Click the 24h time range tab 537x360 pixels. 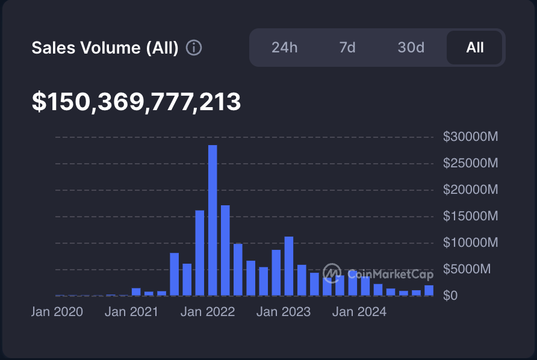pyautogui.click(x=285, y=48)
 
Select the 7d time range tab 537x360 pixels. pyautogui.click(x=347, y=48)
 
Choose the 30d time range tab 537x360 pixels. pyautogui.click(x=411, y=48)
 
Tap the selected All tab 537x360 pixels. pyautogui.click(x=474, y=48)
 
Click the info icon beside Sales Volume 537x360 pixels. pyautogui.click(x=194, y=48)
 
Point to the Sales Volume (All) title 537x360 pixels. pyautogui.click(x=105, y=48)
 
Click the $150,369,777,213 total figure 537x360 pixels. pyautogui.click(x=136, y=102)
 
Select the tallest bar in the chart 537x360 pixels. pyautogui.click(x=213, y=220)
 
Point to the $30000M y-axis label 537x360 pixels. pyautogui.click(x=470, y=137)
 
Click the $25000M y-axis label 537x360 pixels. pyautogui.click(x=470, y=163)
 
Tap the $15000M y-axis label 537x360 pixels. pyautogui.click(x=470, y=216)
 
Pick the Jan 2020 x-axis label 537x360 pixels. pyautogui.click(x=57, y=312)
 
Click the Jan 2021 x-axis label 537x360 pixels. pyautogui.click(x=131, y=312)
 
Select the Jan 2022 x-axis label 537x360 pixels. pyautogui.click(x=208, y=312)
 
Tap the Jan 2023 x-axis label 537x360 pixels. pyautogui.click(x=284, y=312)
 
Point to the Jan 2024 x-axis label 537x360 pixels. pyautogui.click(x=359, y=312)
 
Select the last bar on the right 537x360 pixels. pyautogui.click(x=429, y=291)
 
